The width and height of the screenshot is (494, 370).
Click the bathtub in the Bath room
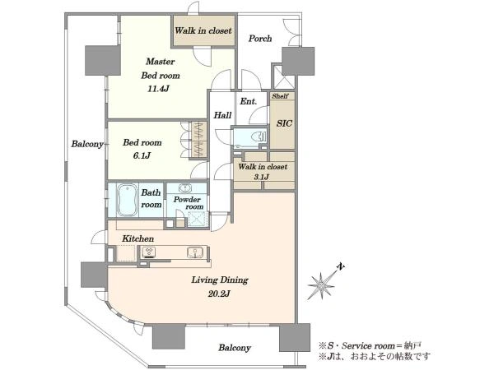[x=128, y=201]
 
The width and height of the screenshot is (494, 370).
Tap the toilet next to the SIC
[x=259, y=136]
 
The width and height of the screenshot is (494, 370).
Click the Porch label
[x=260, y=39]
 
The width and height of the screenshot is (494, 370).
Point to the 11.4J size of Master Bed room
[x=158, y=89]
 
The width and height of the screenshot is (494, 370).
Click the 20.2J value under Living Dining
[x=219, y=294]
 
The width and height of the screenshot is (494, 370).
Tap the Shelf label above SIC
[x=280, y=96]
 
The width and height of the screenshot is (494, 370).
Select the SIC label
[x=284, y=123]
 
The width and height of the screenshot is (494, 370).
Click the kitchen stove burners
[x=148, y=252]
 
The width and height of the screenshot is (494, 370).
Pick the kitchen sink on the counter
[x=194, y=252]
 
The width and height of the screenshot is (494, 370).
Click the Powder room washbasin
[x=185, y=188]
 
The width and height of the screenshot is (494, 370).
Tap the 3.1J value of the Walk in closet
[x=262, y=177]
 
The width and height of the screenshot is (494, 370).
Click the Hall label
[x=222, y=115]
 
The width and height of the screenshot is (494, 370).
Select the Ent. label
[x=249, y=101]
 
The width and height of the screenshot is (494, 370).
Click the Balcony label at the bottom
[x=235, y=348]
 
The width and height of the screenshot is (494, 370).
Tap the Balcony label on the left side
[x=87, y=144]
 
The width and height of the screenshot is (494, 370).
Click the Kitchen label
[x=138, y=238]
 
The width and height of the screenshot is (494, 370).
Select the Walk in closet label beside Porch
[x=203, y=30]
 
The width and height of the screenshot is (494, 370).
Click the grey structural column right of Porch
[x=298, y=61]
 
